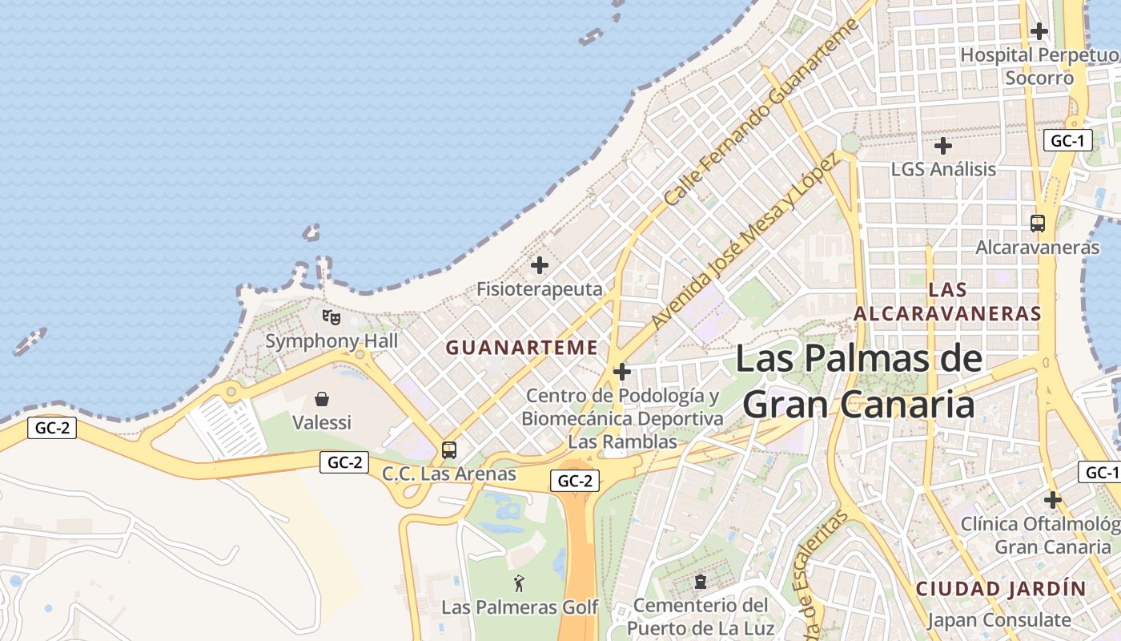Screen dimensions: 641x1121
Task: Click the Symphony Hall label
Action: coord(331,341)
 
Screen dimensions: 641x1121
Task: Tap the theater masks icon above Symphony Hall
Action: coord(331,317)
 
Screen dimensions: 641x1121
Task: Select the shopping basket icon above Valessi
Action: coord(322,398)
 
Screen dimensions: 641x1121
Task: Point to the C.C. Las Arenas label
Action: coord(449,474)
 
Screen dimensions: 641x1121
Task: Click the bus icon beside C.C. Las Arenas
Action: coord(449,450)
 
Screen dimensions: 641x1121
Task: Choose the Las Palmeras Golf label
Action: coord(520,607)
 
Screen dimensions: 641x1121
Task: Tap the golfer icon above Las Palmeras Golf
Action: coord(520,583)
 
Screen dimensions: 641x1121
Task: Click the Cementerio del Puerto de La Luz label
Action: coord(701,616)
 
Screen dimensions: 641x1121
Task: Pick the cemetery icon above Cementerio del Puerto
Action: coord(701,582)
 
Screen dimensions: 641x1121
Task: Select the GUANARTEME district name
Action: coord(522,348)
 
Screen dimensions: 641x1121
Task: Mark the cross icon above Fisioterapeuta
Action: coord(540,265)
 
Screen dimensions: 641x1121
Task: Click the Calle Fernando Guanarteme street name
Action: coord(761,112)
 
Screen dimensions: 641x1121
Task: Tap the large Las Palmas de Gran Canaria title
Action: coord(858,381)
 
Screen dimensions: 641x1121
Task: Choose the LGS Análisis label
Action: coord(943,170)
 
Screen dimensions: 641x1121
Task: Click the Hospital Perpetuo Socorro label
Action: coord(1039,67)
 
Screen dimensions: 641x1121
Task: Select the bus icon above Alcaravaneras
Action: coord(1038,224)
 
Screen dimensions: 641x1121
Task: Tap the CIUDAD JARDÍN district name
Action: coord(1002,589)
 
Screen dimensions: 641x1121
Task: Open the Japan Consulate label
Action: coord(999,620)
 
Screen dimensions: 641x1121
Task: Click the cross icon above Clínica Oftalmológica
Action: coord(1052,500)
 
